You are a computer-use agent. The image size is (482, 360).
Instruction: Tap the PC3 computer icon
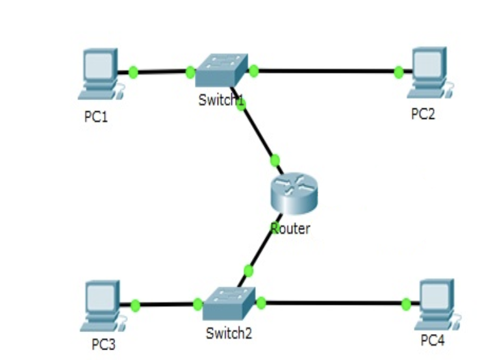[x=103, y=305]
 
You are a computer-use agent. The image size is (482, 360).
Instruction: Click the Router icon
[x=293, y=194]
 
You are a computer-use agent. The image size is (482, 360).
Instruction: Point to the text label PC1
[x=96, y=118]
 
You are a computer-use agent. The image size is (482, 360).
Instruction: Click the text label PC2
[x=423, y=114]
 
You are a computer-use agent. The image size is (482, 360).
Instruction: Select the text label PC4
[x=433, y=340]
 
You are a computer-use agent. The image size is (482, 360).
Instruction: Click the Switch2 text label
[x=229, y=334]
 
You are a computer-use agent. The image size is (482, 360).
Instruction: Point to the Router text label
[x=290, y=228]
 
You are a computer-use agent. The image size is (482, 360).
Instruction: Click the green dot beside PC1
[x=134, y=71]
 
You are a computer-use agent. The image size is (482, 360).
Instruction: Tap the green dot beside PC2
[x=398, y=71]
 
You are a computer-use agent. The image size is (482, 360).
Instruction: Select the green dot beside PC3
[x=135, y=305]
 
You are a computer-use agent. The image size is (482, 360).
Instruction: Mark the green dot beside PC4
[x=406, y=303]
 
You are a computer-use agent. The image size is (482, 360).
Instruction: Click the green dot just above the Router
[x=275, y=160]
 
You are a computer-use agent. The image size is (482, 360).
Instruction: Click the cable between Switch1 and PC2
[x=325, y=71]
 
